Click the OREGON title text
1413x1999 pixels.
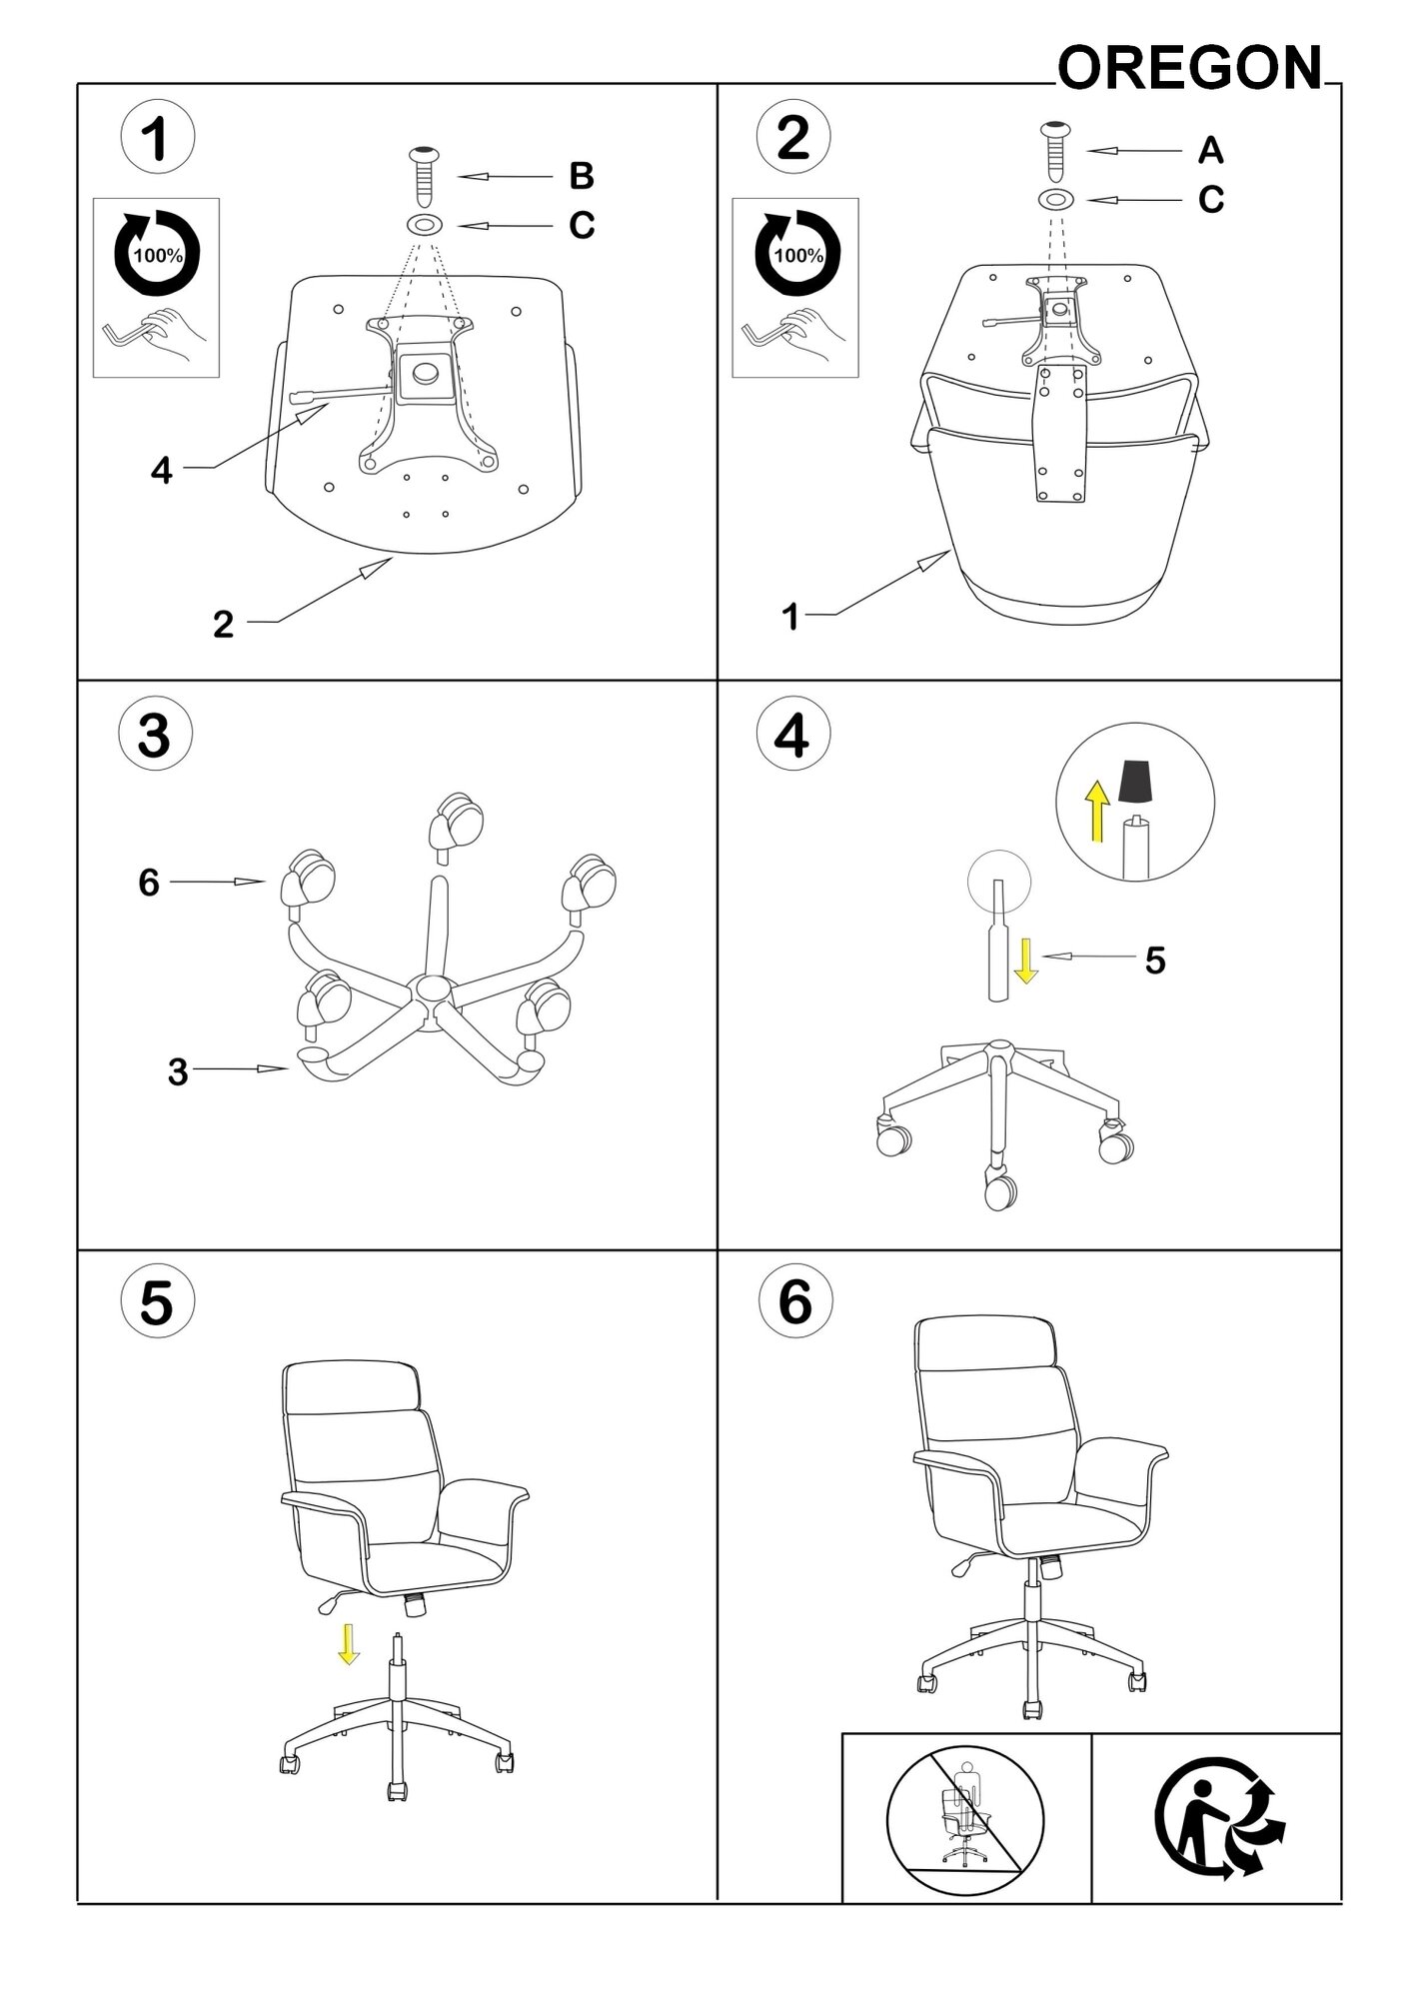click(1189, 69)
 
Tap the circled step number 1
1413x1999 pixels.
click(157, 138)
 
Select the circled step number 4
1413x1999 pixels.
click(793, 737)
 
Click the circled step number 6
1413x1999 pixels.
click(793, 1302)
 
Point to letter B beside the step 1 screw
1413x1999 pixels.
click(582, 176)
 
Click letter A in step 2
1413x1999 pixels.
click(1210, 151)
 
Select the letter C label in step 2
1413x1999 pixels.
click(1210, 200)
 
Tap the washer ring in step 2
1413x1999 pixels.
click(1055, 200)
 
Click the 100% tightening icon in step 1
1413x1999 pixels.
click(157, 254)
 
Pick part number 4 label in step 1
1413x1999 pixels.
click(162, 470)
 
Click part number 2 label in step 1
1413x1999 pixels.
click(223, 625)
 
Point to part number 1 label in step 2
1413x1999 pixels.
click(790, 618)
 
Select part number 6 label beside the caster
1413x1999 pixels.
click(149, 883)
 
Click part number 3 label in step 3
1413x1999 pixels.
click(178, 1071)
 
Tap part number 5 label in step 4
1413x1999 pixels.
click(1155, 961)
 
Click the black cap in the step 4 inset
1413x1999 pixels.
click(1133, 782)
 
